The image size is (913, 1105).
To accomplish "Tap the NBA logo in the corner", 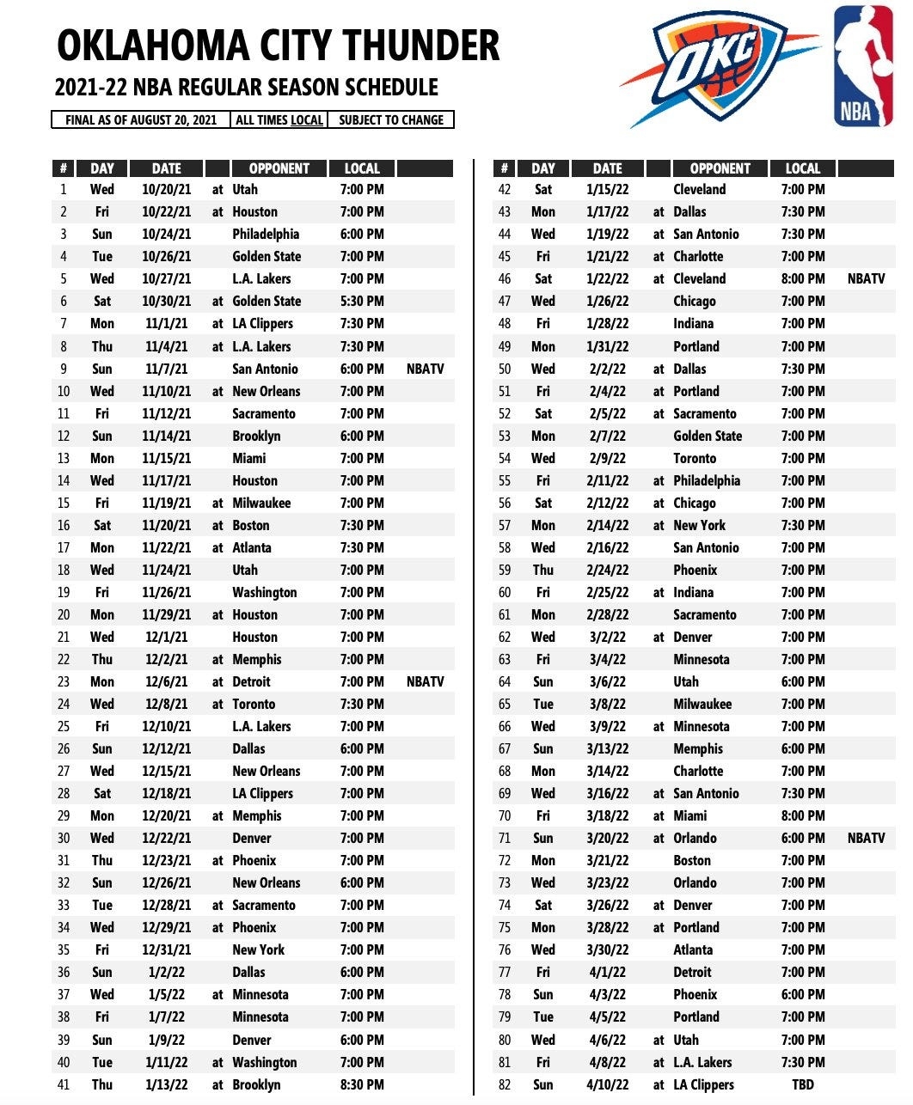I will (x=863, y=66).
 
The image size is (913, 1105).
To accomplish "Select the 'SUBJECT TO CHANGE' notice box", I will (x=391, y=120).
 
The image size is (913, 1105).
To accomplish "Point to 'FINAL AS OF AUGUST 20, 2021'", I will (x=141, y=120).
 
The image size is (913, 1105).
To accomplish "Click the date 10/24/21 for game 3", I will (x=167, y=235).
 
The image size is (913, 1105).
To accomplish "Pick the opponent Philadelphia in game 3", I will (x=266, y=235).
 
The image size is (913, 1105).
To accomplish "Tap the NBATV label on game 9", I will (x=425, y=369).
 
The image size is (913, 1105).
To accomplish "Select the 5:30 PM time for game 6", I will (x=362, y=302).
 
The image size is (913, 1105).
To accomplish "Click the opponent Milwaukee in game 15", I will (x=261, y=504).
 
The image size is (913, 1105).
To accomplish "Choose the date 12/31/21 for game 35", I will (x=167, y=950).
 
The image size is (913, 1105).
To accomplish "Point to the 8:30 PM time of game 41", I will (x=362, y=1085).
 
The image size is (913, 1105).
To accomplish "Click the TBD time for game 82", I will (x=802, y=1085).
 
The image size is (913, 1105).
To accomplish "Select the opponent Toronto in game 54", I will (x=695, y=459).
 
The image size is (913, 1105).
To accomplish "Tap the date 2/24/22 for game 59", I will (x=608, y=571).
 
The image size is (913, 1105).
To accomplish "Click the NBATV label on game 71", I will (x=866, y=839).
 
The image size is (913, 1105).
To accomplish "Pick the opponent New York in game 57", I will (x=700, y=526).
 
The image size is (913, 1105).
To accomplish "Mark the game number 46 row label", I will (x=505, y=279).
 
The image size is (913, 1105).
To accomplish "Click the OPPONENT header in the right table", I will (x=720, y=168).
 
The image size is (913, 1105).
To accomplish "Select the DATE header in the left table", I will (x=167, y=168).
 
